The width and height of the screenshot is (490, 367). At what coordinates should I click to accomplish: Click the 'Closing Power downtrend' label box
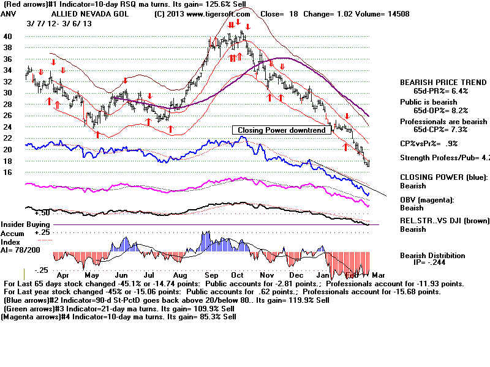(279, 130)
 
